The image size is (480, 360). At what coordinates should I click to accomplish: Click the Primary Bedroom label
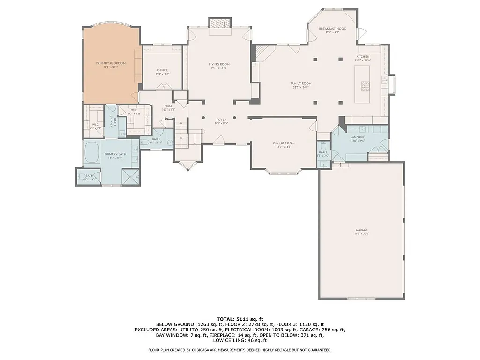click(x=111, y=63)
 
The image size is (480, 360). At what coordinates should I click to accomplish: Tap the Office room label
click(x=162, y=70)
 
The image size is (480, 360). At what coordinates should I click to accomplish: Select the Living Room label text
click(x=219, y=64)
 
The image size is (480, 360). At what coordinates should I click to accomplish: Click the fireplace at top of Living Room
click(x=219, y=24)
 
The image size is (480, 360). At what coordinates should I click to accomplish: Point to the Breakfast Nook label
click(x=332, y=29)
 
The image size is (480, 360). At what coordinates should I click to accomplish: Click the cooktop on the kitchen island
click(x=365, y=86)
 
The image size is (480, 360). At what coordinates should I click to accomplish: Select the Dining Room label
click(x=284, y=143)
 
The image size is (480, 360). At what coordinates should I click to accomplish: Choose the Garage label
click(x=361, y=230)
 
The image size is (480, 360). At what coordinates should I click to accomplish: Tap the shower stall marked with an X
click(x=130, y=177)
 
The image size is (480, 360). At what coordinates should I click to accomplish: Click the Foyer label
click(x=221, y=120)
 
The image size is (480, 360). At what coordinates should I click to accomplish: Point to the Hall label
click(x=168, y=106)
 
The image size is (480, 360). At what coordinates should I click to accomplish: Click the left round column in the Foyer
click(x=203, y=118)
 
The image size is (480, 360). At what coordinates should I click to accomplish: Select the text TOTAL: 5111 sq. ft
click(x=240, y=319)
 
